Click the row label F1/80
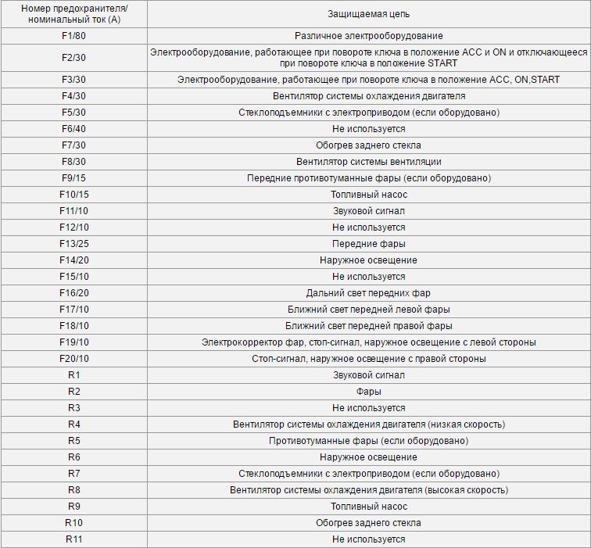tap(73, 36)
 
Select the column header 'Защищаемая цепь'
tap(368, 14)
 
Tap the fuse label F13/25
tap(73, 244)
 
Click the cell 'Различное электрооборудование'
tap(368, 36)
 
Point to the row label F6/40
tap(73, 129)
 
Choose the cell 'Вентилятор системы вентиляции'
tap(368, 162)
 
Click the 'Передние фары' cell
tap(368, 244)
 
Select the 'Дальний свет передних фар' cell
tap(368, 293)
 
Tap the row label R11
tap(73, 539)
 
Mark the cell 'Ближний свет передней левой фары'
tap(368, 310)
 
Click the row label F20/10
tap(73, 359)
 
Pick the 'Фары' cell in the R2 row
tap(368, 392)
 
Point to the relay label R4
tap(73, 424)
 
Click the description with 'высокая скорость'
tap(368, 490)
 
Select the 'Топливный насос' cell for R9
tap(368, 507)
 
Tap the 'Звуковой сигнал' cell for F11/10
tap(368, 211)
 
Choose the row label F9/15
tap(73, 178)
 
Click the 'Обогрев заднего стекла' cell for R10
tap(368, 523)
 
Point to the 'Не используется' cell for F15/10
tap(368, 277)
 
